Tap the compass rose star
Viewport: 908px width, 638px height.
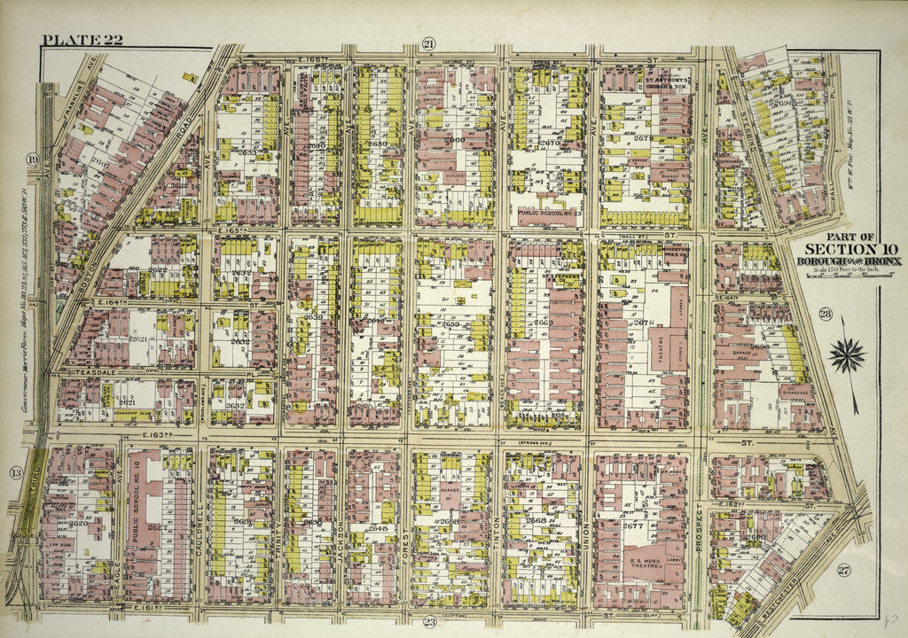[x=847, y=355]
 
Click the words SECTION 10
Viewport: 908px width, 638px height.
[x=840, y=248]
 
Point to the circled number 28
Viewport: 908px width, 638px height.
[x=825, y=314]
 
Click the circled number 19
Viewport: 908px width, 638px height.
[x=32, y=159]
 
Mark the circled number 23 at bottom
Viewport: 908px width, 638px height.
[x=429, y=621]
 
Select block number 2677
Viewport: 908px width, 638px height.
[x=632, y=525]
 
